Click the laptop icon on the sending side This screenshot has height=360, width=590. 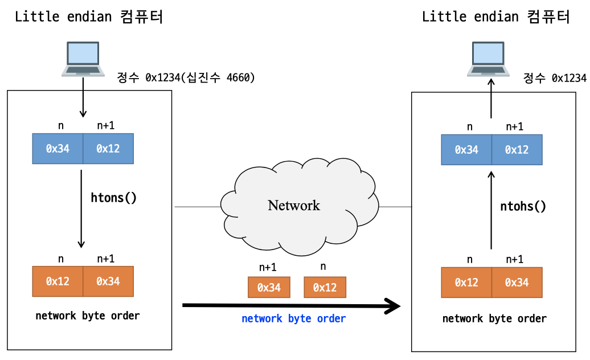pos(83,59)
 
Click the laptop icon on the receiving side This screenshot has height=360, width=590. pos(488,59)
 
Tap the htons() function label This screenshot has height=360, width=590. pos(113,198)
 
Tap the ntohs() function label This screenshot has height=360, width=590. pos(523,206)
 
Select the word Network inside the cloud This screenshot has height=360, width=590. pos(294,206)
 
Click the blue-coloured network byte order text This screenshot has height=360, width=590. pos(293,318)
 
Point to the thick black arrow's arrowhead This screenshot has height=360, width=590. pos(392,306)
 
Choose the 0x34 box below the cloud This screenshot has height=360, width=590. pos(269,288)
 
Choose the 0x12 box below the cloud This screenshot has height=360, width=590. pos(325,288)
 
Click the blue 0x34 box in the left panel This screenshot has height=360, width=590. pos(58,149)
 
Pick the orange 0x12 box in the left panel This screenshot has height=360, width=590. pos(58,281)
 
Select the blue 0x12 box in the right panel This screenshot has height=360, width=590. pos(517,150)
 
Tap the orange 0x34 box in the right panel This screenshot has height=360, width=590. pos(517,283)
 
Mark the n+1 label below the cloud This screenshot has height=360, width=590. pos(268,267)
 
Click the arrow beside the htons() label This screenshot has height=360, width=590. pos(81,209)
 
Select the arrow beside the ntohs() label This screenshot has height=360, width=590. pos(491,210)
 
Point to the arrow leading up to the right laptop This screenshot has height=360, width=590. pos(491,99)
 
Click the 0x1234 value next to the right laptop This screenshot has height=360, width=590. pos(569,78)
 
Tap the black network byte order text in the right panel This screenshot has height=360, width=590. pos(494,318)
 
